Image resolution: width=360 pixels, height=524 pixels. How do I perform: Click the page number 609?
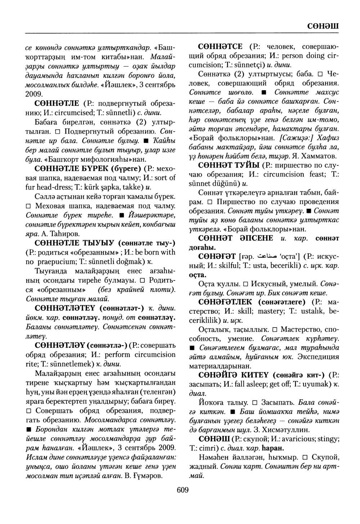coord(183,490)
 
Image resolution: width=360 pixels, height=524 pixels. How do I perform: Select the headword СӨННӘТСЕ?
coord(221,47)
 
